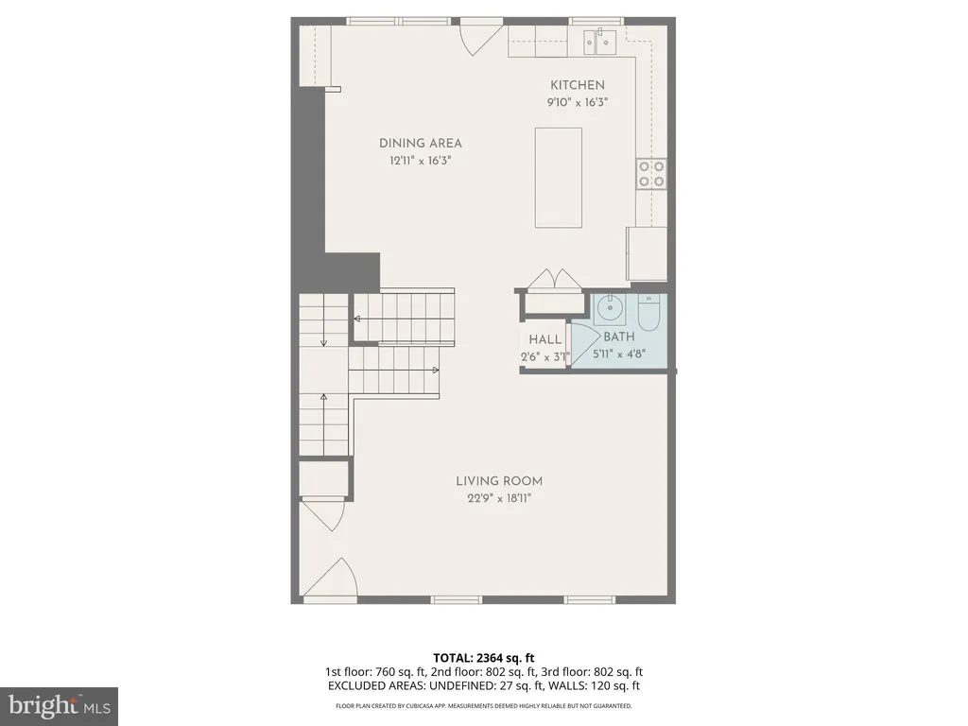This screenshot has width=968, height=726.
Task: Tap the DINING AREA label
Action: point(421,144)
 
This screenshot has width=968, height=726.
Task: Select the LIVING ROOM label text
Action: point(499,481)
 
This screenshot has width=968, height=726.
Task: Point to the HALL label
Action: point(545,339)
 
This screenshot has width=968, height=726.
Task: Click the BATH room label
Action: point(619,337)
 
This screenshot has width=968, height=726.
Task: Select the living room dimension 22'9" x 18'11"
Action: point(499,498)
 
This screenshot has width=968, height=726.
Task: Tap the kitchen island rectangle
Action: point(558,177)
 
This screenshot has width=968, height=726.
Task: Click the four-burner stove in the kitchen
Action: point(651,173)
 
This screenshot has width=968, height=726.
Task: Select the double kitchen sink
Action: point(600,40)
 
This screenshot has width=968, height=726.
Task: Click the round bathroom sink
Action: point(610,306)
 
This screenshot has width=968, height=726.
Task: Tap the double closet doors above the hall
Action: point(552,280)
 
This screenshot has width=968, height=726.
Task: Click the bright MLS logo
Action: point(59,704)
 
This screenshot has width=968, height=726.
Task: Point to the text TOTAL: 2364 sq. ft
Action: point(484,657)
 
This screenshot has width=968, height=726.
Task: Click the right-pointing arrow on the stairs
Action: point(435,370)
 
